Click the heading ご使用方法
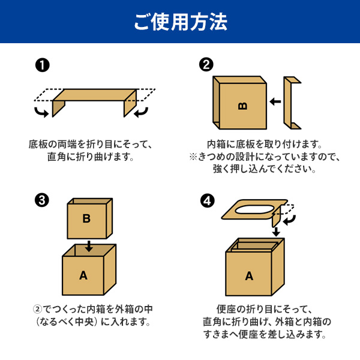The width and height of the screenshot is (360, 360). pos(181,22)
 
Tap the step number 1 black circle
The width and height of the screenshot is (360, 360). pos(43,65)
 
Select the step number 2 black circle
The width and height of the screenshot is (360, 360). pos(206,65)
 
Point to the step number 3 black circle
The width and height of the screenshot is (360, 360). pos(42,200)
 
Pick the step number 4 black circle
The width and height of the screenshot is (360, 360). pos(208,201)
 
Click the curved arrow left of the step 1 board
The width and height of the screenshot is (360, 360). pos(41,112)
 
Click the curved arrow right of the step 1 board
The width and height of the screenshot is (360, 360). pos(141,112)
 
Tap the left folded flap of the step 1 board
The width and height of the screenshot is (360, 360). pos(58,109)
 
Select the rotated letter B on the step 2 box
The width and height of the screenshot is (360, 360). pos(242,106)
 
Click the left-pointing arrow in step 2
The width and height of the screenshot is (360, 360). pos(275,101)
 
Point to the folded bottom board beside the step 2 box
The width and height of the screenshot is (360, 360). pos(292,103)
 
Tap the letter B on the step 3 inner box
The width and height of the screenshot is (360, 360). pos(86,218)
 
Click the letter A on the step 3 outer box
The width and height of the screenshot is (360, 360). pos(83,275)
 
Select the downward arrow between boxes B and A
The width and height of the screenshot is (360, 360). pos(89,246)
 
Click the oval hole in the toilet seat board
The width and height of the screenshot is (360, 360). pos(254,210)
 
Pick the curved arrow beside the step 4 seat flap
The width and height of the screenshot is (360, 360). pos(290,220)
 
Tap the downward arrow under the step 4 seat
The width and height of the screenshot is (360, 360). pos(276,232)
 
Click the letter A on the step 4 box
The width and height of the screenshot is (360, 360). pos(249,276)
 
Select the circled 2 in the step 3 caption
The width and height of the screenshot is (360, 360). pos(37,309)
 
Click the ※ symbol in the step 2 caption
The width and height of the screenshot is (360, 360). pos(193,157)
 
